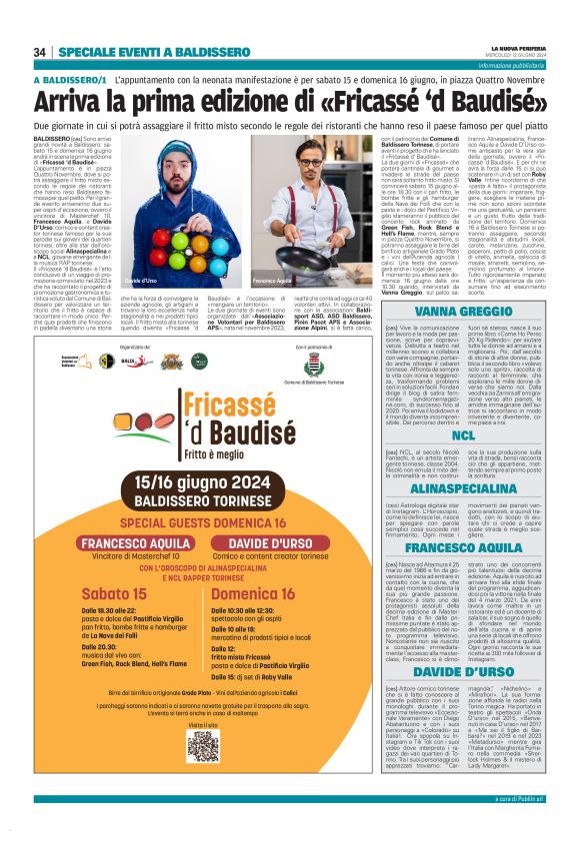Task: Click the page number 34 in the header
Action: click(40, 52)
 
